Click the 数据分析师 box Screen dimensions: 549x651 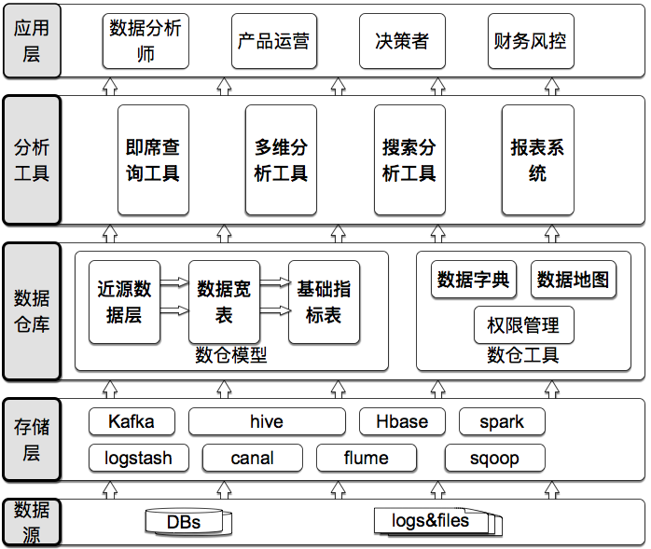[x=145, y=41]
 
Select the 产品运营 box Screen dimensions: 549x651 [x=272, y=41]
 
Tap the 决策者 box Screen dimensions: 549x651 [x=401, y=41]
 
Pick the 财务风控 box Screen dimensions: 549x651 [x=529, y=41]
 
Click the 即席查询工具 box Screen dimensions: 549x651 [x=152, y=160]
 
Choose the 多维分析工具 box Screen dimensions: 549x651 [x=281, y=160]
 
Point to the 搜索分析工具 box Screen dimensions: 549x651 [x=409, y=160]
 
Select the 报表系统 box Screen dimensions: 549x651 [x=537, y=160]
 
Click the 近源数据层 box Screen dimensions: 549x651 [x=124, y=302]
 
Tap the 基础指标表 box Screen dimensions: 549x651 [x=324, y=302]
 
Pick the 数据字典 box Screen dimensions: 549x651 [x=473, y=280]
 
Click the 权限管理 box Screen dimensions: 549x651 [x=523, y=325]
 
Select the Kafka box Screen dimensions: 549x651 [x=131, y=421]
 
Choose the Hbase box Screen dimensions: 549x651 [x=402, y=421]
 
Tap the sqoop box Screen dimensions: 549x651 [x=494, y=458]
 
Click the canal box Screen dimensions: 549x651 [x=252, y=458]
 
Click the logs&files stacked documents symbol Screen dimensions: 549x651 [x=435, y=521]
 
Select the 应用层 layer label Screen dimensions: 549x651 [x=32, y=41]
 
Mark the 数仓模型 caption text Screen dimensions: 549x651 [x=230, y=355]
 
